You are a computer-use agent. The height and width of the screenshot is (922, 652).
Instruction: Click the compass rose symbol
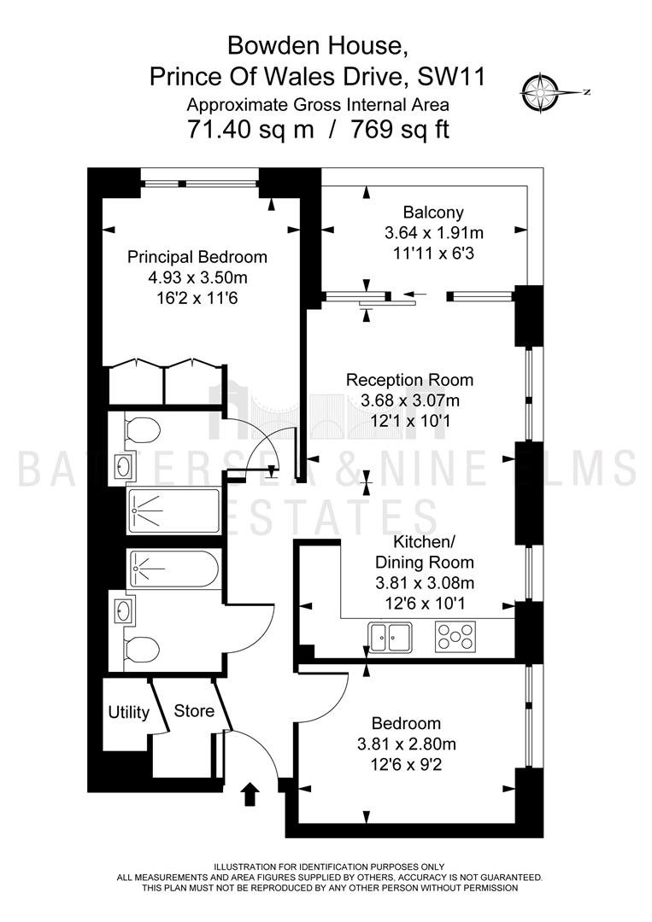click(539, 92)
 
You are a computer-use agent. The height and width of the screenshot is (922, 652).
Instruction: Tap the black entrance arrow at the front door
click(250, 795)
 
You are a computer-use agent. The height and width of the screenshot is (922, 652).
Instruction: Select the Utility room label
click(128, 712)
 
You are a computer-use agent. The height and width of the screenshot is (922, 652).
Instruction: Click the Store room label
click(194, 710)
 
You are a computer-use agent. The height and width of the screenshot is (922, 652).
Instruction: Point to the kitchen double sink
click(390, 636)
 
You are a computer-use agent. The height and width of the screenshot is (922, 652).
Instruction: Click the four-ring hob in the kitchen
click(455, 636)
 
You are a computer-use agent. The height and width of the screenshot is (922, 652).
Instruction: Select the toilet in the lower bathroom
click(142, 650)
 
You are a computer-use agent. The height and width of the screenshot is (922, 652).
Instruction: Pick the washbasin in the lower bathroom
click(125, 610)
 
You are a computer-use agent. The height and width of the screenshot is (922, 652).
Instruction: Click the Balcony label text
click(433, 212)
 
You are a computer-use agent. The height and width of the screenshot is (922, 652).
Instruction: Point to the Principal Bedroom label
click(197, 257)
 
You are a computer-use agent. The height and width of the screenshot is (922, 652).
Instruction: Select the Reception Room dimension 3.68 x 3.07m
click(410, 400)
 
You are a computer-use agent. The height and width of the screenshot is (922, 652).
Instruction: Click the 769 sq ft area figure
click(400, 129)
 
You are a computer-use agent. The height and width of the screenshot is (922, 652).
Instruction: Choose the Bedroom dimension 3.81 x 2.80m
click(407, 744)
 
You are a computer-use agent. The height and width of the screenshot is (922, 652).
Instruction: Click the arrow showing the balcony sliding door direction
click(414, 294)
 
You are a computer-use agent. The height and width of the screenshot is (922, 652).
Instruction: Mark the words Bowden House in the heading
click(318, 45)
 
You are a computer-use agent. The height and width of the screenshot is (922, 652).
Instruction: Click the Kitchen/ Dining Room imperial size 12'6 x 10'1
click(424, 604)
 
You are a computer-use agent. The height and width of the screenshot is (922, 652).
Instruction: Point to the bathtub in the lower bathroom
click(173, 569)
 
